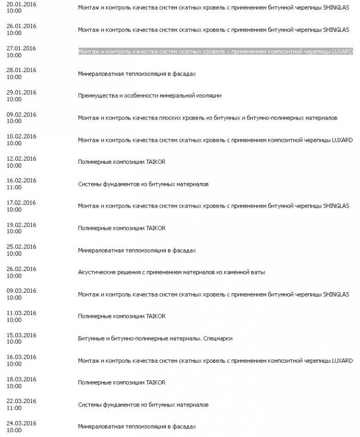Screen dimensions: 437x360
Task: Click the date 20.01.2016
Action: [21, 4]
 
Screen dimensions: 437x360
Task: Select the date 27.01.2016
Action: [21, 48]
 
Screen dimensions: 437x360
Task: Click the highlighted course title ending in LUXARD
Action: [215, 51]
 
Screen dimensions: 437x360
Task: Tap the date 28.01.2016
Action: [21, 70]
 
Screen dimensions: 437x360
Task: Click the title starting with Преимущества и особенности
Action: [149, 96]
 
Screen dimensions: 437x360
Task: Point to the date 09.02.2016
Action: [21, 114]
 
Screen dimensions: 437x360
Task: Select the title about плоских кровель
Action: [208, 118]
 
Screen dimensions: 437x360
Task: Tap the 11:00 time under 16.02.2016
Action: [14, 187]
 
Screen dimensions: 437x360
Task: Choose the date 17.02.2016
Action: [21, 203]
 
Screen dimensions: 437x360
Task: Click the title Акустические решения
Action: [171, 272]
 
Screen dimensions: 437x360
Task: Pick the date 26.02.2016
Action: [21, 269]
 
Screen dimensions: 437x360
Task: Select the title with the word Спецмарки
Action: [155, 338]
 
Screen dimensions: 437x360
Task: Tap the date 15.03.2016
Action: [21, 335]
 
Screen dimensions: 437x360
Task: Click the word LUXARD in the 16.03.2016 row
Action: [342, 361]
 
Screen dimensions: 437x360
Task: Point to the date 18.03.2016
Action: [21, 379]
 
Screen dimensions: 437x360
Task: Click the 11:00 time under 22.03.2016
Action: [14, 408]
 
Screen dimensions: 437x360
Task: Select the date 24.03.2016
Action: [21, 423]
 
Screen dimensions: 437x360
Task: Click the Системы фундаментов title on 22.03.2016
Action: [143, 405]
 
